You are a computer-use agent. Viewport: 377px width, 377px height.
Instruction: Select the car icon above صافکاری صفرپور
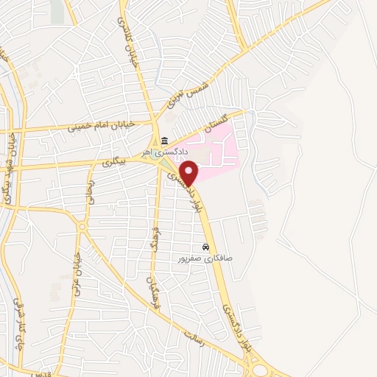[x=205, y=248]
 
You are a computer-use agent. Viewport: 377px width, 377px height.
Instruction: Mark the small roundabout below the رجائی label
[x=81, y=226]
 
